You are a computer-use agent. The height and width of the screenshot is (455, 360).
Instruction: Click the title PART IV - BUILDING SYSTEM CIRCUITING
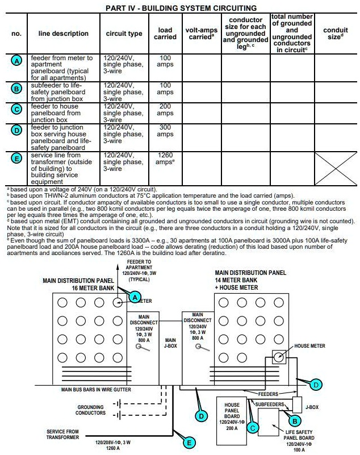pos(181,8)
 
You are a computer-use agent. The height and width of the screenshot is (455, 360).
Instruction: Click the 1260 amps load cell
pos(165,162)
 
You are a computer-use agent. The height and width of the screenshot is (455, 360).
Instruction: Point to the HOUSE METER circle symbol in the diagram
pos(279,358)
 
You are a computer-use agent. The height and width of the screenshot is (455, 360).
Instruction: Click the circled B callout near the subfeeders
pos(294,421)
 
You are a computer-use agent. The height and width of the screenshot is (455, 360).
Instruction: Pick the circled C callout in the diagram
pos(254,427)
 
